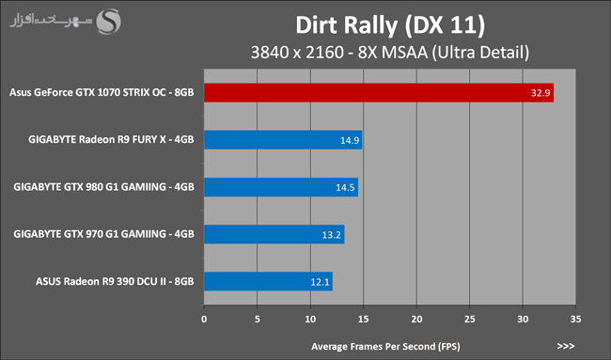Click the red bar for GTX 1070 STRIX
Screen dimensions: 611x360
pos(379,93)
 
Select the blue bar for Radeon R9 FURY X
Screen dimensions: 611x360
pos(283,140)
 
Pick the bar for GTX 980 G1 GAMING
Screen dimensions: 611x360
pos(281,187)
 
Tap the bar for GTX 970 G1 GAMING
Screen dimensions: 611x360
pos(274,234)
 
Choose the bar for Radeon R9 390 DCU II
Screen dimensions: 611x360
pos(269,281)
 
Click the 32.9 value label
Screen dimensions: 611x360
pos(540,93)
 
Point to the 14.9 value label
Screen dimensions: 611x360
pos(350,140)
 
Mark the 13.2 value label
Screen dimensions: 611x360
pos(331,235)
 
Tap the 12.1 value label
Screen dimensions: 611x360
pos(320,282)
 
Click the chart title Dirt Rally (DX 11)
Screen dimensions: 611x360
pos(390,25)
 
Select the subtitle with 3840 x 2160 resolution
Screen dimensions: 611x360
pos(390,53)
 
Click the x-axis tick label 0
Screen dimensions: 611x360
pos(204,319)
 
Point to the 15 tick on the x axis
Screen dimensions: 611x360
pos(363,319)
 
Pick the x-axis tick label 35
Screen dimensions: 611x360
pos(575,319)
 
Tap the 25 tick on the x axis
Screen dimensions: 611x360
pos(470,319)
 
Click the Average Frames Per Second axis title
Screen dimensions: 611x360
pos(385,346)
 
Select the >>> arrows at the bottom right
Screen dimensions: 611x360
pos(566,346)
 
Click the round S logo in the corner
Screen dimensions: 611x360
pos(109,22)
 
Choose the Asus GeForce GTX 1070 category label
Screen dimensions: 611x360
pos(102,93)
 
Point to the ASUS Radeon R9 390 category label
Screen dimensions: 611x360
pos(115,281)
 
